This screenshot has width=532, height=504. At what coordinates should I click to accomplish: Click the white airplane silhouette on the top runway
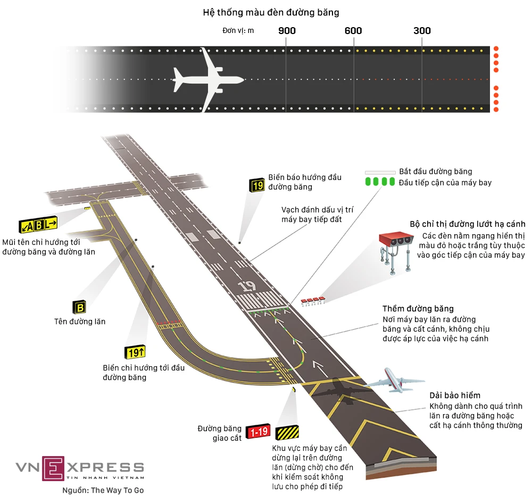(207, 80)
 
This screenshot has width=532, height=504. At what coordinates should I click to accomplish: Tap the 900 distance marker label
(287, 30)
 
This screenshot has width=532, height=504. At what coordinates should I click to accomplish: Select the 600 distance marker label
(353, 30)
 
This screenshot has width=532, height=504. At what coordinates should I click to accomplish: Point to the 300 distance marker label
(422, 30)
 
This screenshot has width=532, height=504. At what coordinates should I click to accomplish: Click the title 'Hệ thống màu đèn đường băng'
(271, 12)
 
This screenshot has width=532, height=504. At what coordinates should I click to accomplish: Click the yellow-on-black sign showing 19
(257, 185)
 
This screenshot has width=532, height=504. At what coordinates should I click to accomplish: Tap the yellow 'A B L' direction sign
(38, 225)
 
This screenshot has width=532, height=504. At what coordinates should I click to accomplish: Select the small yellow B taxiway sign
(79, 307)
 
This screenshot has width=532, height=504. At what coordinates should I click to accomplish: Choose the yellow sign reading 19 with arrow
(135, 352)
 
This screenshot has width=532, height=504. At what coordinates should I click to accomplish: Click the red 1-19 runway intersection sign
(259, 432)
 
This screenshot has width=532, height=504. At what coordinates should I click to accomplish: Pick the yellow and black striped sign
(287, 432)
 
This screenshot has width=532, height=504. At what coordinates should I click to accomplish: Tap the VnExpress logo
(80, 468)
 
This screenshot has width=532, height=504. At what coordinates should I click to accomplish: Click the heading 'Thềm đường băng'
(418, 309)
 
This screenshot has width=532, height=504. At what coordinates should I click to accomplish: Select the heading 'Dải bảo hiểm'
(455, 395)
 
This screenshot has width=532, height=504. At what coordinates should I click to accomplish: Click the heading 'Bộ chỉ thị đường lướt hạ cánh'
(468, 224)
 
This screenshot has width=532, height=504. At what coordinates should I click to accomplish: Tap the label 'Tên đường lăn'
(80, 321)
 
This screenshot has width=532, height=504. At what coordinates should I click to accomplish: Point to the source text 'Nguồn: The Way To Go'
(103, 491)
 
